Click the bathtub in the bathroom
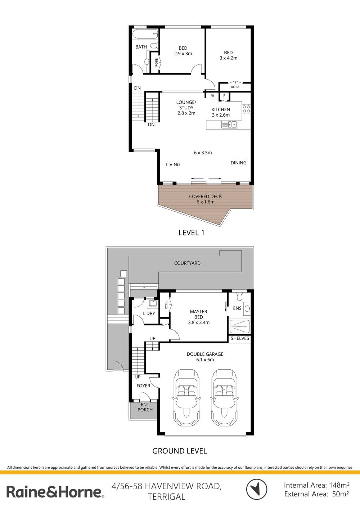click(145, 34)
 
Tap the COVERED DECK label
click(205, 197)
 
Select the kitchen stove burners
click(246, 109)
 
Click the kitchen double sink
click(229, 125)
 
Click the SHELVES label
click(240, 338)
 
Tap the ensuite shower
click(240, 326)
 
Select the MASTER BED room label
click(199, 314)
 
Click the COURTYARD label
click(187, 263)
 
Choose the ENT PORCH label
click(145, 407)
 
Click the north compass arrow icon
click(256, 490)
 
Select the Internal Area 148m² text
click(316, 485)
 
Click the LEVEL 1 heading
click(191, 233)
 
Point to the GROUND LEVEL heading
click(180, 451)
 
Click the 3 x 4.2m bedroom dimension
click(228, 58)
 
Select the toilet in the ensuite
click(240, 297)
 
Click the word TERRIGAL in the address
click(166, 497)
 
